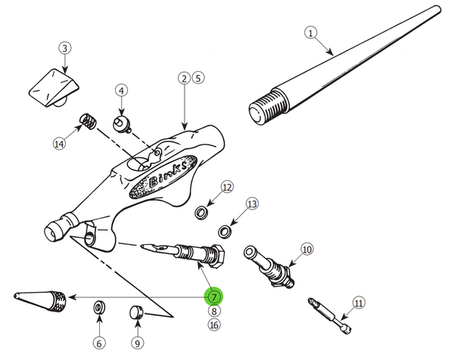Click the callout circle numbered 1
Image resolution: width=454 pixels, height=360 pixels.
[x=309, y=33]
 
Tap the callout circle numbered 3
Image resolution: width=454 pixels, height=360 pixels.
[x=66, y=48]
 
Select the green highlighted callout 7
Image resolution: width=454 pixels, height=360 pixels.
[x=214, y=296]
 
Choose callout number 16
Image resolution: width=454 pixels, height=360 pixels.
[x=214, y=325]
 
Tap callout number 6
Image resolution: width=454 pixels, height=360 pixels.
[x=98, y=343]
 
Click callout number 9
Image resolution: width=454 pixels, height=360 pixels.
[x=137, y=343]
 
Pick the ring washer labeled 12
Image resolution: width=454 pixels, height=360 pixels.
[x=201, y=211]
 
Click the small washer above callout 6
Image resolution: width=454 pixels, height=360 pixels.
[x=98, y=308]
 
